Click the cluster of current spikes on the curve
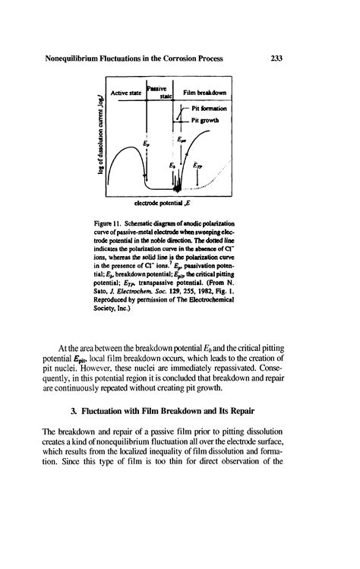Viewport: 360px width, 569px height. click(176, 185)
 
